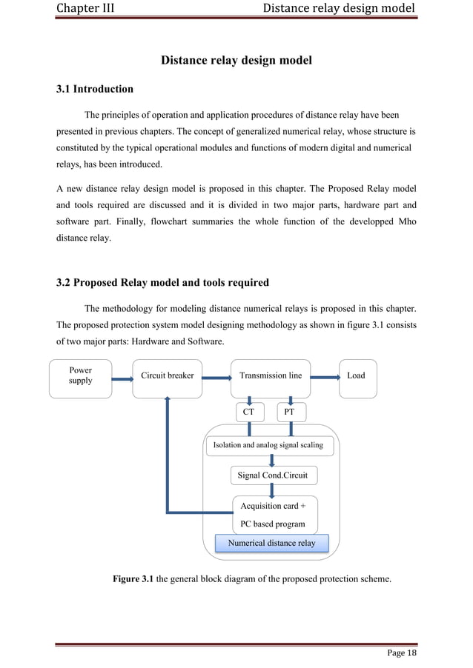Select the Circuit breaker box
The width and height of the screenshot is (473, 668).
[167, 375]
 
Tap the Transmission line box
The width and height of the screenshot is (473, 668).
[271, 375]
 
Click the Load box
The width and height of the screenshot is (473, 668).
[357, 375]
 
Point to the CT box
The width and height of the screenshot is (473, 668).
[249, 411]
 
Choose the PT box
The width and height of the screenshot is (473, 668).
[290, 411]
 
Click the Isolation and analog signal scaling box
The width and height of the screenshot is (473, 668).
[268, 446]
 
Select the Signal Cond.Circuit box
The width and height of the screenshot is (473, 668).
[272, 475]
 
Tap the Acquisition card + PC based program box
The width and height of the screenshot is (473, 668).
[274, 514]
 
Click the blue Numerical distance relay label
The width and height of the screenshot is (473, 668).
[271, 544]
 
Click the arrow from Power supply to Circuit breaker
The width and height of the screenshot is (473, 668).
[122, 380]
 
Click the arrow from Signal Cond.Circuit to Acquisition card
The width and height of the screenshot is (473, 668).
[273, 490]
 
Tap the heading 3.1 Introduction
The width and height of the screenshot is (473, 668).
[95, 90]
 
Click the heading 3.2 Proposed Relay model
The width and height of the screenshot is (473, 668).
[162, 282]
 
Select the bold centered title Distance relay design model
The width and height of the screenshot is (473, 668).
[236, 60]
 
